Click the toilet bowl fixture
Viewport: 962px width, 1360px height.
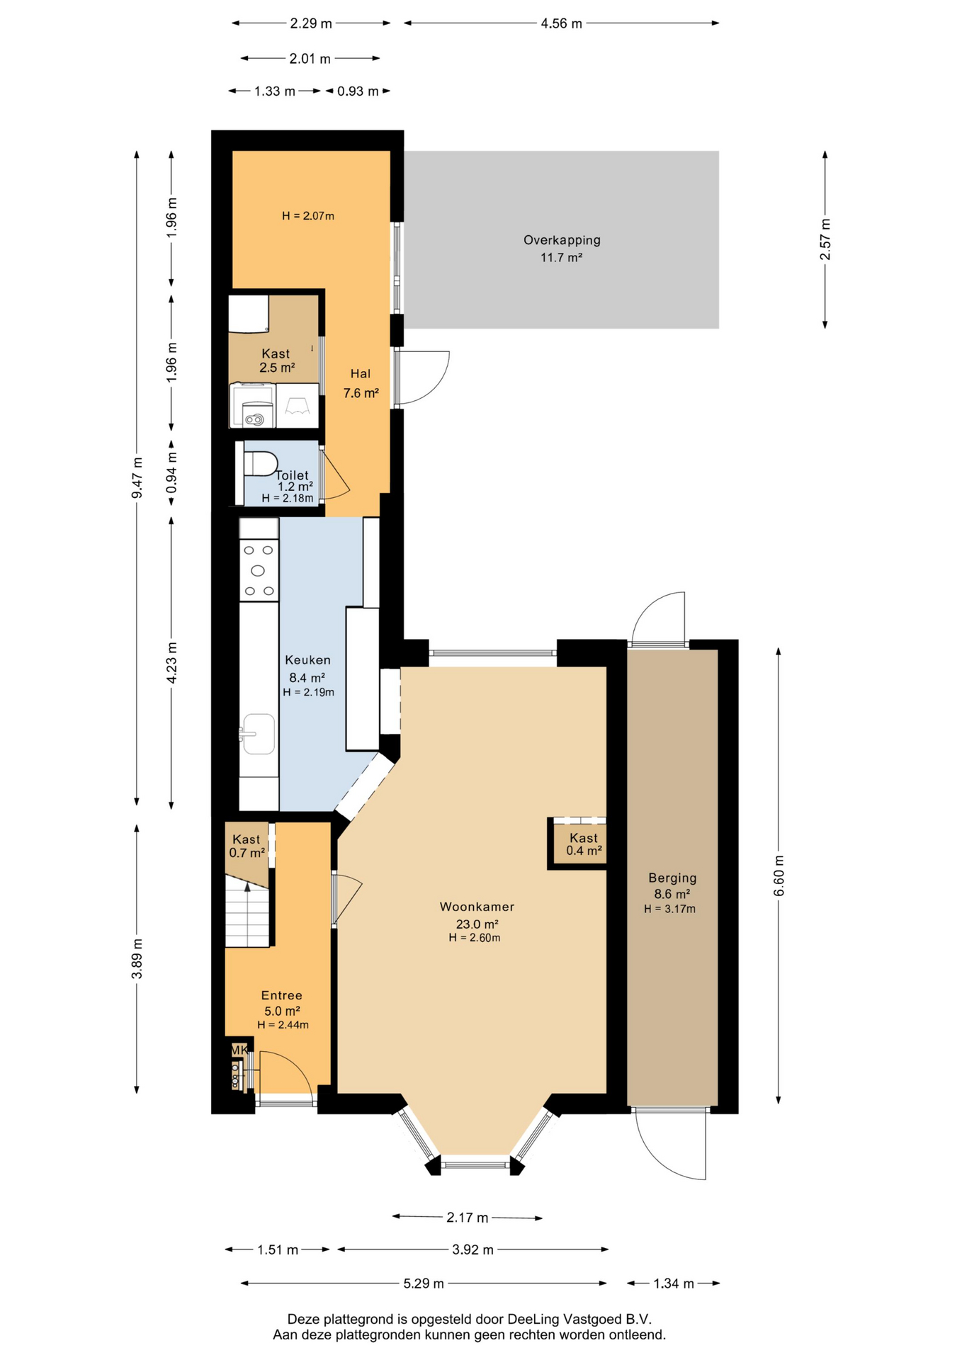pos(260,464)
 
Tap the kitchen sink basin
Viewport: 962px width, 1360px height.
pos(258,734)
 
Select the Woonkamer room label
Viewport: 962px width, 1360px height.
pos(477,907)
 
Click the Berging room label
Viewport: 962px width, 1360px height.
pos(672,878)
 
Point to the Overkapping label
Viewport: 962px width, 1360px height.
pos(562,240)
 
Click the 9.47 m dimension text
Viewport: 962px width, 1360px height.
pos(137,478)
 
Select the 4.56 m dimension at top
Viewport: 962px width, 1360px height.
pos(561,23)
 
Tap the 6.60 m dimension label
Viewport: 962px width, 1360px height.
pos(779,875)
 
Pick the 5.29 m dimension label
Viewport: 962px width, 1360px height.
pos(424,1283)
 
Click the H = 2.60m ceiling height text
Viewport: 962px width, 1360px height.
pos(475,938)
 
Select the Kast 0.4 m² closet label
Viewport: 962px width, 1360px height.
pos(584,844)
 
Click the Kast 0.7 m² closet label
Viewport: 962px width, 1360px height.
pos(247,846)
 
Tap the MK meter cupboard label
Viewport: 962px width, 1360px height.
pos(239,1050)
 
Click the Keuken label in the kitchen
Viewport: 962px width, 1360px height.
pos(307,660)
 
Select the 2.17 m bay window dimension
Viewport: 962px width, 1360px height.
pos(468,1218)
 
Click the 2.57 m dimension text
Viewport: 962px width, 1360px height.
pos(825,239)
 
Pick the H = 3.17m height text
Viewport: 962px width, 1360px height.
pos(670,909)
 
